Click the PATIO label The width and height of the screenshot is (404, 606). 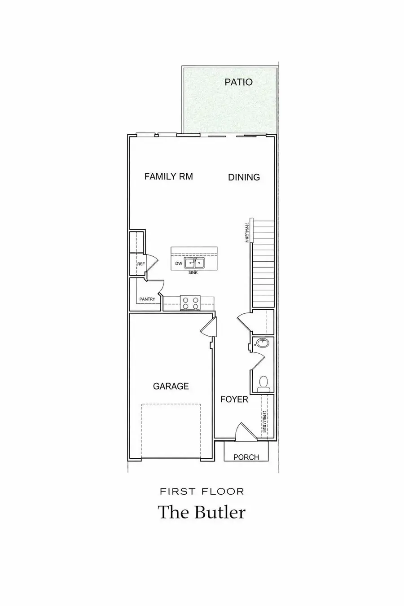[239, 82]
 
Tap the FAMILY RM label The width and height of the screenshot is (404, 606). [168, 176]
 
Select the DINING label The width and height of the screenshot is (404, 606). [244, 177]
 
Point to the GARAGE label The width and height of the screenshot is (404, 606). [171, 386]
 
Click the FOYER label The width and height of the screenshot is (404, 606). [234, 399]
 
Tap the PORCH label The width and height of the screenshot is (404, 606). [246, 457]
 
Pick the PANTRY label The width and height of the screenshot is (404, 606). [147, 299]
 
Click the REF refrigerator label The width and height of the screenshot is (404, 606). [141, 264]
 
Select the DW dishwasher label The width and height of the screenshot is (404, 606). [179, 263]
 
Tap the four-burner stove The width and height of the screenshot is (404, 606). [190, 303]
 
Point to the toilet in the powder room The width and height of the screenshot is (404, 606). [263, 382]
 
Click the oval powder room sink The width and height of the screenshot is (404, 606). [262, 344]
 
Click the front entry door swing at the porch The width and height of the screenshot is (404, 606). [243, 431]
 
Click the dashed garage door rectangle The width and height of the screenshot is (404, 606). [171, 431]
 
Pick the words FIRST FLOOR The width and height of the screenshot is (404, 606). [202, 492]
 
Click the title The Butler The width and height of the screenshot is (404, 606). [202, 512]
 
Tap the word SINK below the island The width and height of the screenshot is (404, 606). [193, 272]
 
